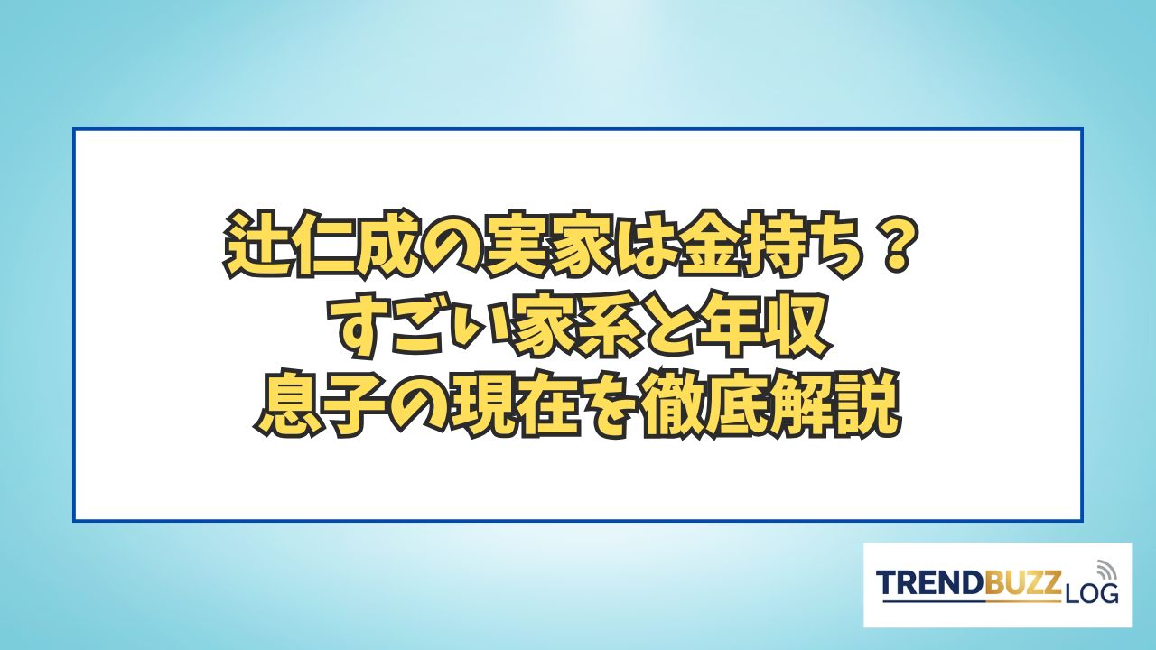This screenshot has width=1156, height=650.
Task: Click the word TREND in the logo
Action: [931, 584]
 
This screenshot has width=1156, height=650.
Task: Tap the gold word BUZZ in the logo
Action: [1023, 584]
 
